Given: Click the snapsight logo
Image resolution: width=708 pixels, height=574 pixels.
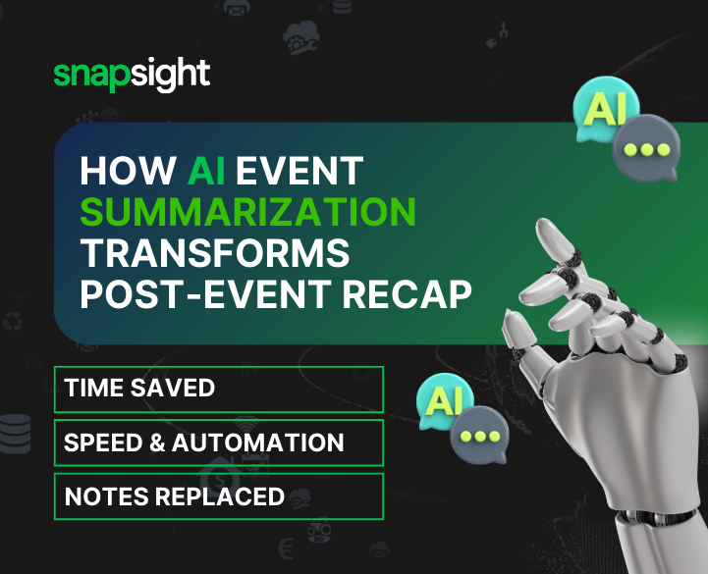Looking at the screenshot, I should click(x=132, y=76).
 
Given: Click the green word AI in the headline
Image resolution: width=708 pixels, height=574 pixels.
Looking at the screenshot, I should click(x=206, y=172).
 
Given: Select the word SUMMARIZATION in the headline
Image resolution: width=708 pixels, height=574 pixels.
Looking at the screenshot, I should click(x=247, y=213).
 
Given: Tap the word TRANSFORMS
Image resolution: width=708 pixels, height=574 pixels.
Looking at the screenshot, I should click(x=214, y=254).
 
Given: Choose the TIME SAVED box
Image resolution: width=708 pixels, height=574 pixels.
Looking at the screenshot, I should click(x=218, y=389).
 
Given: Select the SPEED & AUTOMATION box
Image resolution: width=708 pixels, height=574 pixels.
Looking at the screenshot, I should click(x=218, y=443).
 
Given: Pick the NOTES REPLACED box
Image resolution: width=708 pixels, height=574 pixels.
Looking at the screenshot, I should click(x=218, y=496).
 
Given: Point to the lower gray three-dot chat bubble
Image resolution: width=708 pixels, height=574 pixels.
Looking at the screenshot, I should click(x=478, y=435).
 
